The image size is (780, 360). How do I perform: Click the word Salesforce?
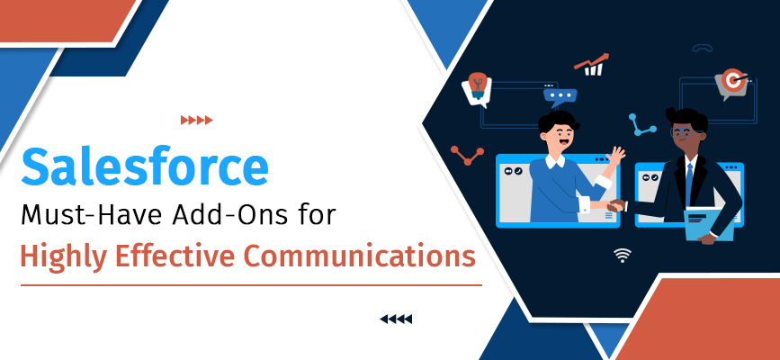pyautogui.click(x=145, y=169)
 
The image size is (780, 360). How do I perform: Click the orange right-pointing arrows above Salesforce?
pyautogui.click(x=197, y=120)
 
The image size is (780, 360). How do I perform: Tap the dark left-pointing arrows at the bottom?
pyautogui.click(x=396, y=319)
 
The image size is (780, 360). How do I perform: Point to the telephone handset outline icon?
pyautogui.click(x=703, y=50)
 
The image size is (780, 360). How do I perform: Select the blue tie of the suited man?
pyautogui.click(x=689, y=184)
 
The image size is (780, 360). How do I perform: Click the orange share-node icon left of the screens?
pyautogui.click(x=467, y=156)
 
